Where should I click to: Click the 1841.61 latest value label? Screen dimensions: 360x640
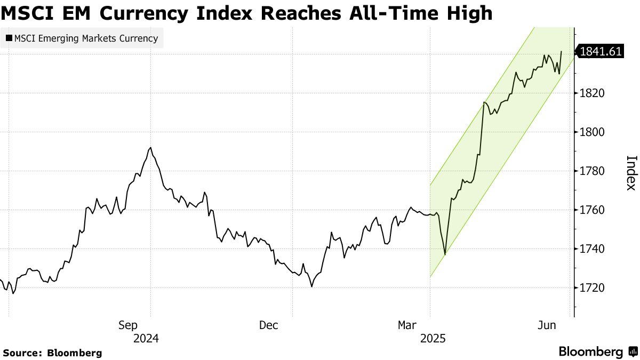click(601, 52)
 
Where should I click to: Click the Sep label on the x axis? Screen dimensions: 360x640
click(129, 325)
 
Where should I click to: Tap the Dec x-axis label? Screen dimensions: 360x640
click(269, 325)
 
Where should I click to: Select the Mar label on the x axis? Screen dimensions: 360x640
click(409, 325)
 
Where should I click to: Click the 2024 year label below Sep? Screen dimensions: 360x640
click(147, 339)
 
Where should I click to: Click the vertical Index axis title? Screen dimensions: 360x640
click(631, 172)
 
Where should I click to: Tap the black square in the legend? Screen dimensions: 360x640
click(9, 38)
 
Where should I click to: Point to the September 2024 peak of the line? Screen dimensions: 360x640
click(151, 148)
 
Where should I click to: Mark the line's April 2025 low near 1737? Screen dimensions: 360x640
click(445, 254)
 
